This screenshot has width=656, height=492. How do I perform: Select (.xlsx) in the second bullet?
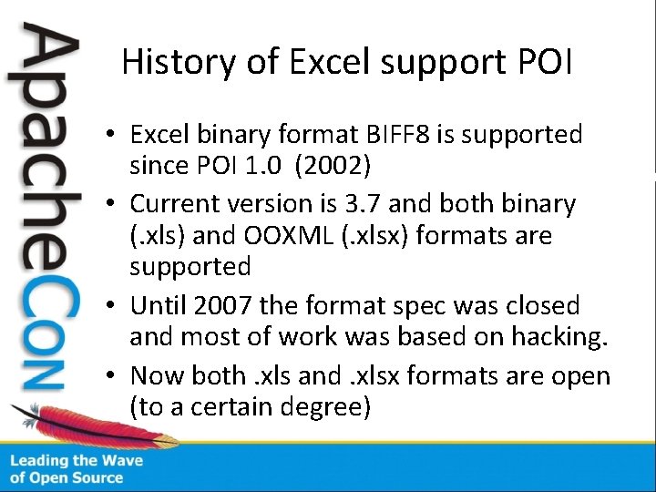(x=375, y=235)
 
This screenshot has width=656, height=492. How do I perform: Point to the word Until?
(x=158, y=304)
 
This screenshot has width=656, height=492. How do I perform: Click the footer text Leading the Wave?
(x=77, y=461)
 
